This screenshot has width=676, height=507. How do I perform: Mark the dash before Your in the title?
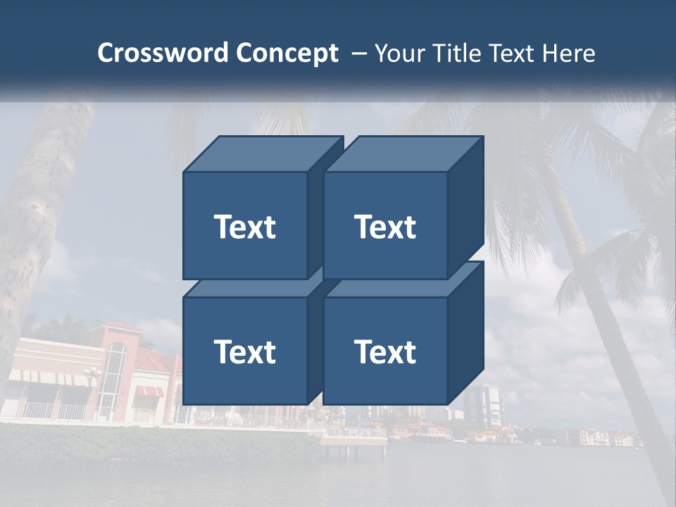358,54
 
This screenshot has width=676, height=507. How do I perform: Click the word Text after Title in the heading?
512,54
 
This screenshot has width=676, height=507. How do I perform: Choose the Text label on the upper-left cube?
245,227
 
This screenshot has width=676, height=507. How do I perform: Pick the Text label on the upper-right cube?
385,227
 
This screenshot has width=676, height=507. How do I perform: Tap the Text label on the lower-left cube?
245,351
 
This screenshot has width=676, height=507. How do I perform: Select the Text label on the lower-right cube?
385,351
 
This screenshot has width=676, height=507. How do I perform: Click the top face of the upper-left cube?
261,154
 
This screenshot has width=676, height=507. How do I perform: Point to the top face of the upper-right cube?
401,154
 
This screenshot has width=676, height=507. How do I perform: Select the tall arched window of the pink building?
113,373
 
